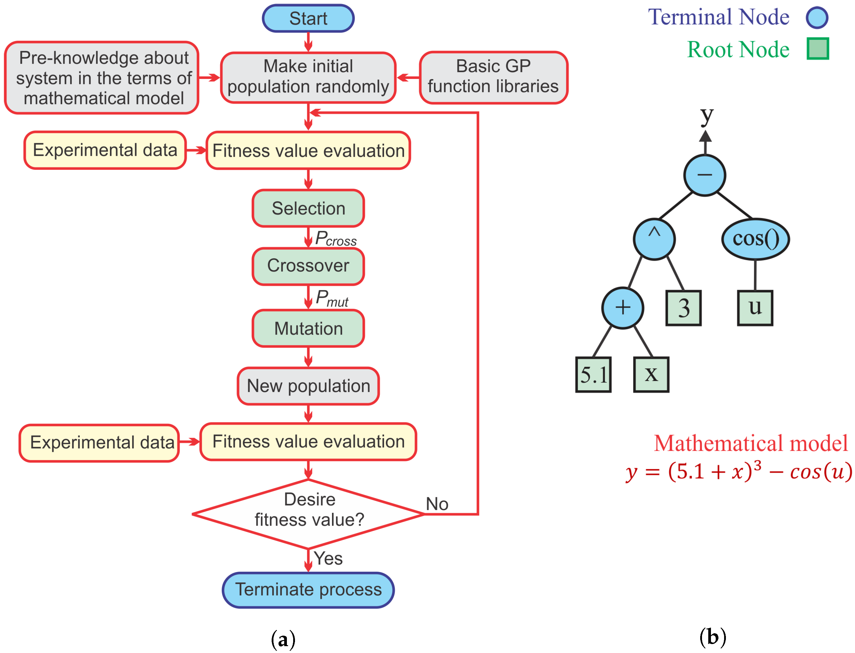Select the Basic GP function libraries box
[493, 77]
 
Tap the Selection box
[308, 208]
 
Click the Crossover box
[308, 266]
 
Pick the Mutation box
[308, 328]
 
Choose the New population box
[308, 386]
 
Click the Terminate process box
[308, 590]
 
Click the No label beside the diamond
[437, 504]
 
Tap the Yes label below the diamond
[328, 559]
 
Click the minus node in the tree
[704, 175]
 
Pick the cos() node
[755, 239]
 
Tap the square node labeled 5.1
[593, 374]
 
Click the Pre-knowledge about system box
[102, 78]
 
